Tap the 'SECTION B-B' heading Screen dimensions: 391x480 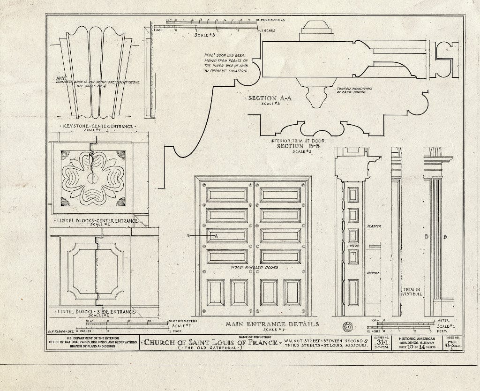coord(296,145)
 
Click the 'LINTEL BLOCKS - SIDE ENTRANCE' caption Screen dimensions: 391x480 coord(95,311)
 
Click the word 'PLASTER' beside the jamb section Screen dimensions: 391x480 coord(374,226)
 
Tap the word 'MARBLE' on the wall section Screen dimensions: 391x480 coord(373,272)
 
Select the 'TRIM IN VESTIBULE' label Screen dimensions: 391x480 coord(412,292)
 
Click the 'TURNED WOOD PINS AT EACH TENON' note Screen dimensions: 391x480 coord(352,90)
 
